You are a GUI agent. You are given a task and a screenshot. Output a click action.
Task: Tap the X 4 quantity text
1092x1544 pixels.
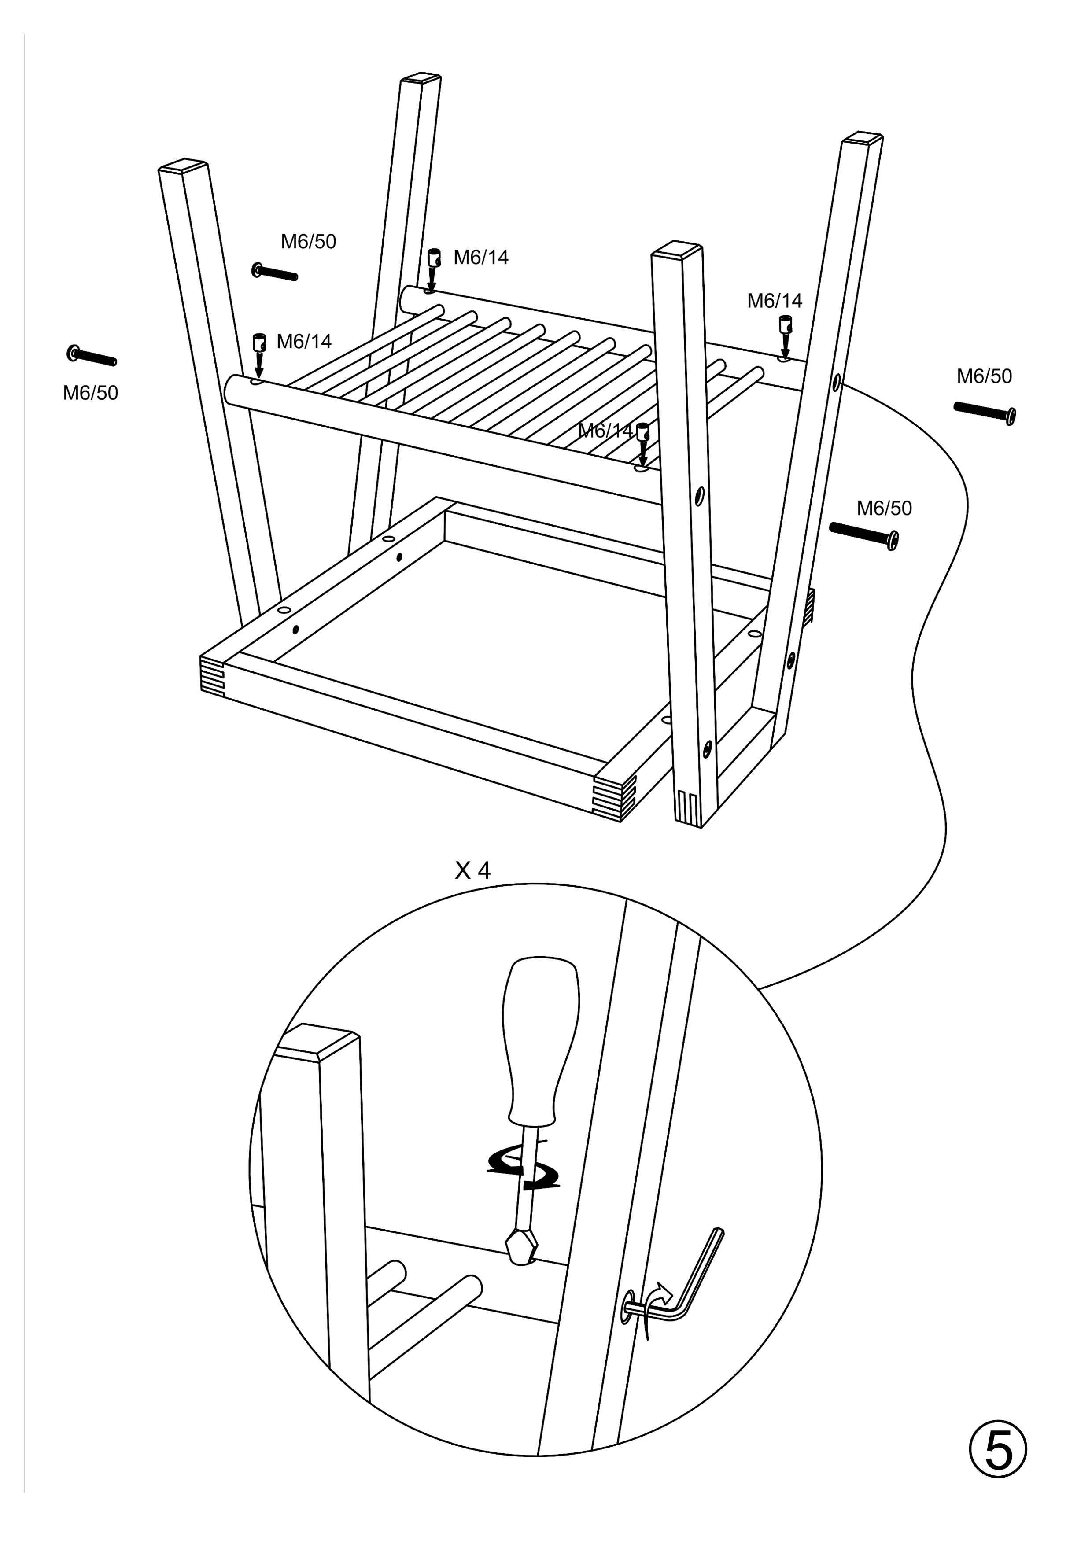(x=473, y=871)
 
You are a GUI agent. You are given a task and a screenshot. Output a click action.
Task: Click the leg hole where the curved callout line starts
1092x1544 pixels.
(x=836, y=384)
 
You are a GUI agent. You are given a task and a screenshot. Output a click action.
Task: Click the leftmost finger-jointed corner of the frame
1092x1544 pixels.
(x=211, y=672)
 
